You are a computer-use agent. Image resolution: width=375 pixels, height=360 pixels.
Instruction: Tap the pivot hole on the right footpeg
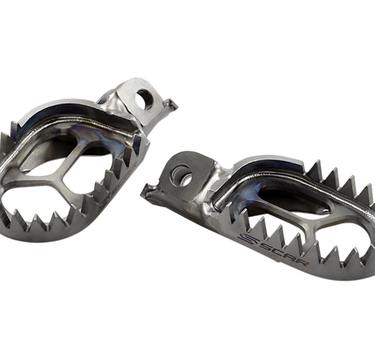point(185,173)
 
